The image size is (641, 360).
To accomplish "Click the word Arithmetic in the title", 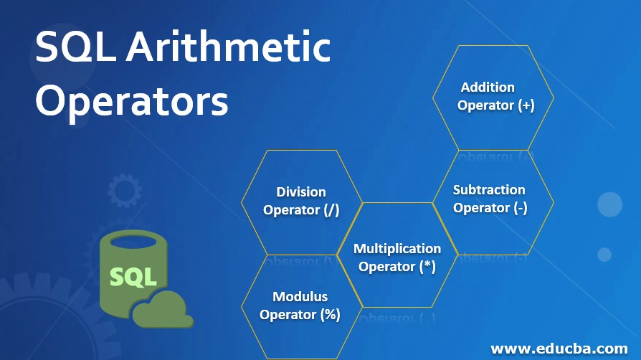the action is (x=228, y=47).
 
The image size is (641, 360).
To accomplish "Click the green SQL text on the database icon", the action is (x=133, y=277).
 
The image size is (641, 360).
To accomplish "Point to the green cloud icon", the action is (x=163, y=309).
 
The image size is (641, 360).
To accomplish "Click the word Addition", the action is (x=488, y=87).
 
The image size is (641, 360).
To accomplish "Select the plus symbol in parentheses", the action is (x=526, y=105).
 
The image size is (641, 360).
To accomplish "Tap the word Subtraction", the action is (x=489, y=190).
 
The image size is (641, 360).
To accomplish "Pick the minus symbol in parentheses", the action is (x=521, y=208).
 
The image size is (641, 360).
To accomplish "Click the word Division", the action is (x=301, y=192).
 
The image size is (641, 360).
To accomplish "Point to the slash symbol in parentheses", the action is (x=331, y=210).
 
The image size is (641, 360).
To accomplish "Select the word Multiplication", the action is (x=397, y=248).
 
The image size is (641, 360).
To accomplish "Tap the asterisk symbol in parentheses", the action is (x=427, y=266).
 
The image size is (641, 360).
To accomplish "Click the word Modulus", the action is (x=300, y=297).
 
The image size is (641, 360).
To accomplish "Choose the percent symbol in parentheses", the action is (x=331, y=314).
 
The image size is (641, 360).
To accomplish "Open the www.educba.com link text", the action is (x=559, y=349).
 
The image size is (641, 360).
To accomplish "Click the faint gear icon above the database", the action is (x=125, y=191).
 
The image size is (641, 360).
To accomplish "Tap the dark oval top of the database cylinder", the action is (x=133, y=242).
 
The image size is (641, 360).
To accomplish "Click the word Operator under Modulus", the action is (x=288, y=315).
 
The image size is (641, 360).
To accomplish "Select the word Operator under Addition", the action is (x=485, y=105).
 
